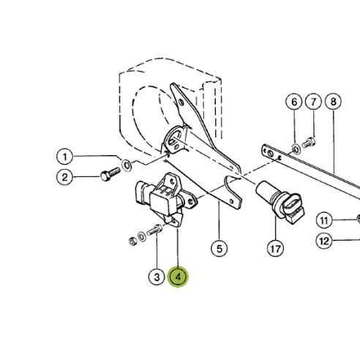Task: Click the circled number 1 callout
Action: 65,156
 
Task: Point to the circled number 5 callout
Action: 219,249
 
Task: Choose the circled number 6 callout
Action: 295,101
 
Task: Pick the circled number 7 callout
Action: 313,101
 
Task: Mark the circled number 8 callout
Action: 333,101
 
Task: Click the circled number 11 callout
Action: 325,220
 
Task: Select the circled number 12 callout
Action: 325,239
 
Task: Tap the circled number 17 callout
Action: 274,249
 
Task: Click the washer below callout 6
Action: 295,149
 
